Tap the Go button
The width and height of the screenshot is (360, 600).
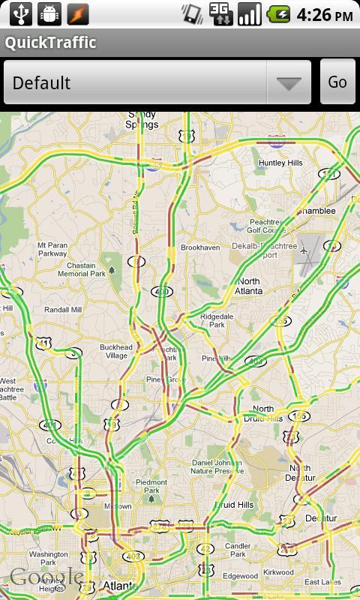(x=337, y=82)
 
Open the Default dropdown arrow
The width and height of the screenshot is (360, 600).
(x=289, y=82)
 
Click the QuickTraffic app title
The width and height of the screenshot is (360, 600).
(x=51, y=43)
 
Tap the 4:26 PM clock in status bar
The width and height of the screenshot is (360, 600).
(x=324, y=14)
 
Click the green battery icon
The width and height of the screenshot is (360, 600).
(x=279, y=14)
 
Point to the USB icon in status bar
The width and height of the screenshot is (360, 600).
(x=20, y=13)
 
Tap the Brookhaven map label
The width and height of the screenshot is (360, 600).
(x=199, y=247)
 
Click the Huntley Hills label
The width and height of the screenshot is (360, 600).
(x=280, y=163)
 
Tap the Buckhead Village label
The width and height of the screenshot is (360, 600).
(x=115, y=352)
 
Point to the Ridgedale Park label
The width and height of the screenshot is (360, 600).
(x=217, y=321)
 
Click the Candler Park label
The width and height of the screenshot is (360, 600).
(x=238, y=550)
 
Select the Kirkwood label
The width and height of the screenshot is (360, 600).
(x=279, y=572)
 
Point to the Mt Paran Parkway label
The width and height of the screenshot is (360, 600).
(x=52, y=249)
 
